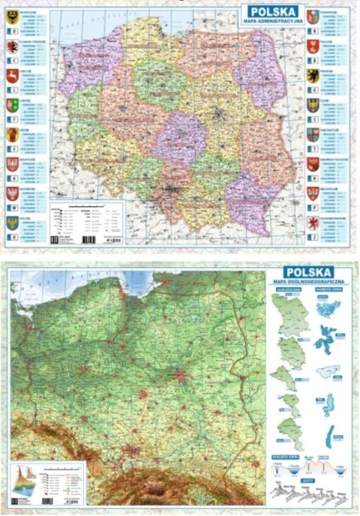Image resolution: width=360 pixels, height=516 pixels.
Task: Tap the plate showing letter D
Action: click(x=13, y=29)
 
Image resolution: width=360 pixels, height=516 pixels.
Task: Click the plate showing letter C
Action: click(x=13, y=60)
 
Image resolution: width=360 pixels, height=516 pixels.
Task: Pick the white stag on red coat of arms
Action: click(x=13, y=75)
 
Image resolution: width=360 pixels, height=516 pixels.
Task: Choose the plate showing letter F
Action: click(x=13, y=120)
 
